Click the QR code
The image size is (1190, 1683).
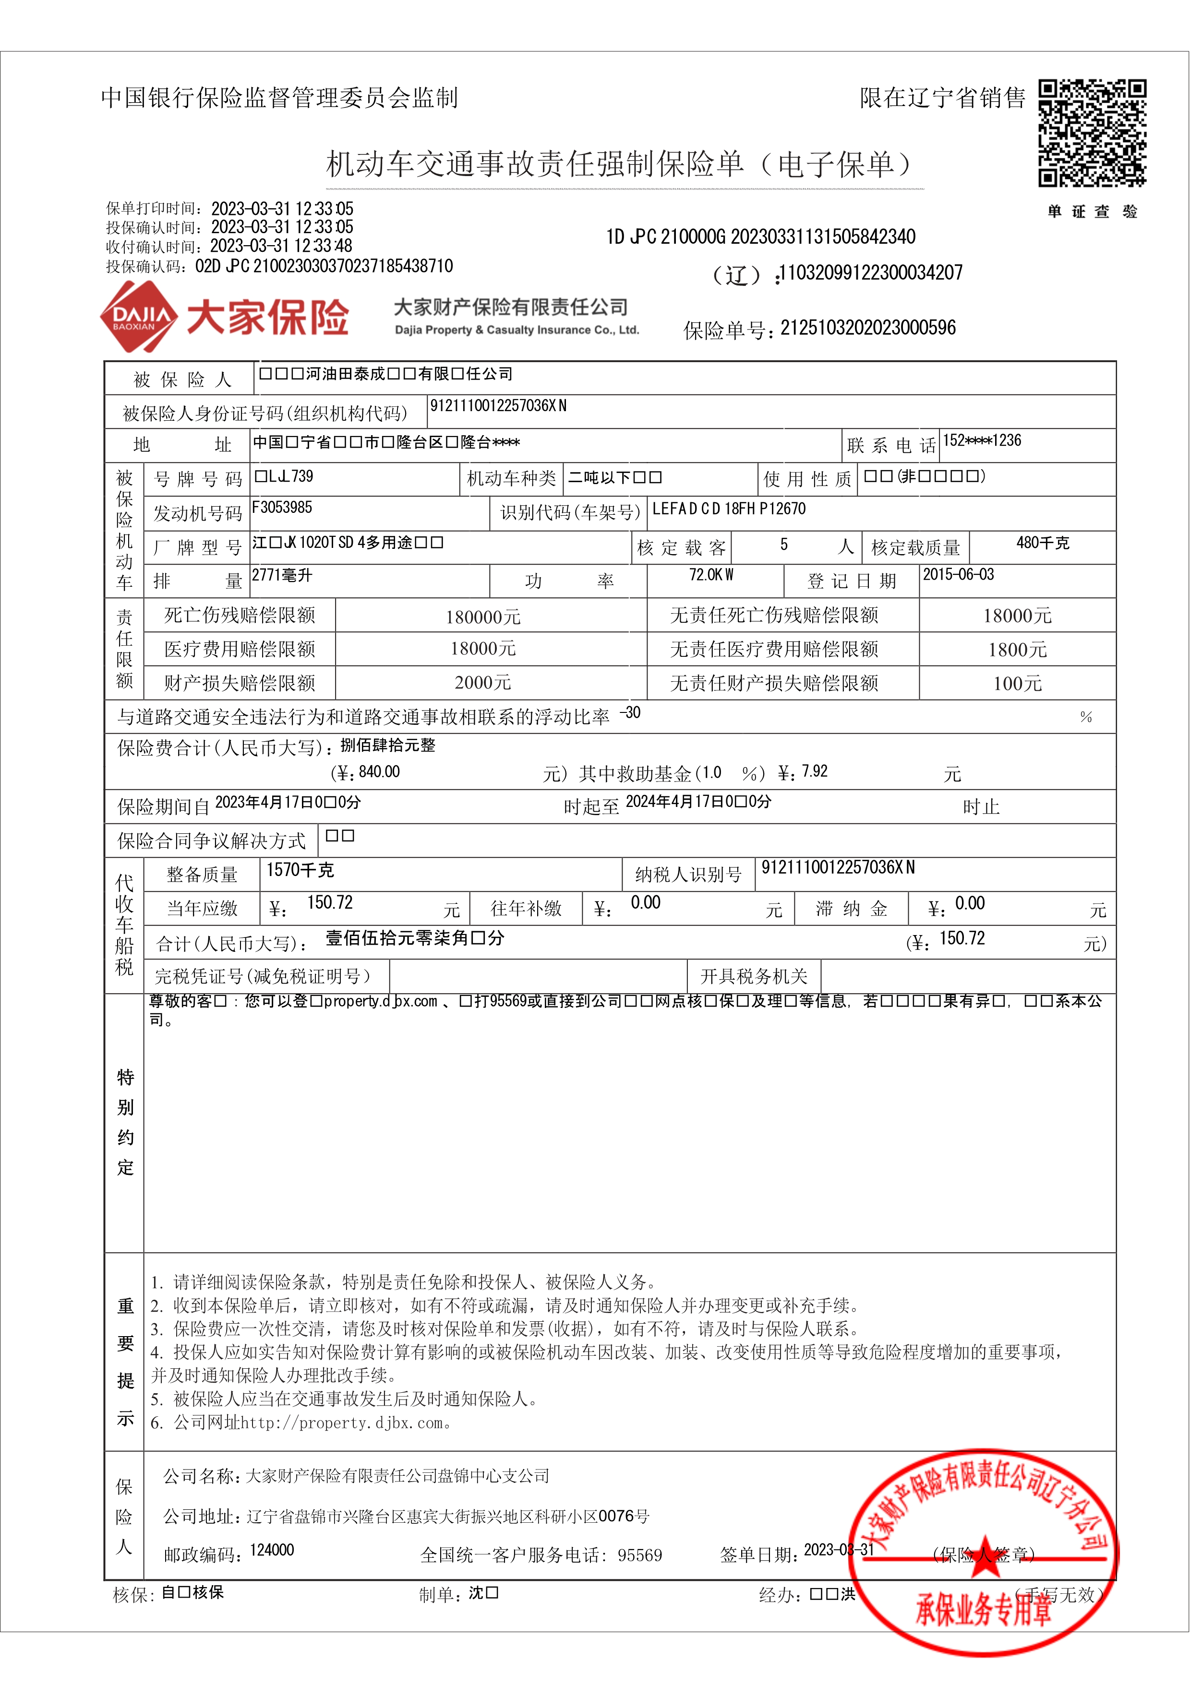[x=1092, y=133]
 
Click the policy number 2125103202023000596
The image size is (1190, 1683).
[x=867, y=328]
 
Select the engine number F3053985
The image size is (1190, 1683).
[x=282, y=507]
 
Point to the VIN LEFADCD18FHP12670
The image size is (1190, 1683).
[x=728, y=509]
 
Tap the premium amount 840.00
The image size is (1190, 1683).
[x=379, y=772]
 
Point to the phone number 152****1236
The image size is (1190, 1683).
[x=982, y=440]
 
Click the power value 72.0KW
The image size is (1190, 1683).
[x=710, y=575]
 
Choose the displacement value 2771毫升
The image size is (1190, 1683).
[x=282, y=575]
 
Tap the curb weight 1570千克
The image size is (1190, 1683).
[x=300, y=870]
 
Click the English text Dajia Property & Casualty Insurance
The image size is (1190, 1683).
[x=516, y=330]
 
